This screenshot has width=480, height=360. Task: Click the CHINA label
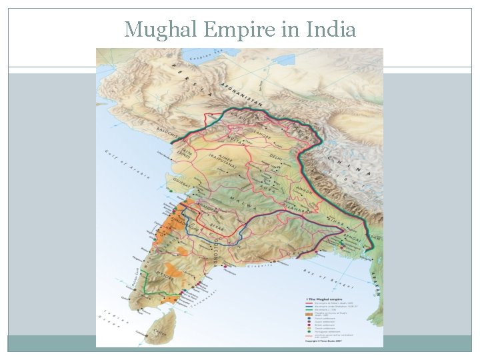(350, 167)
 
